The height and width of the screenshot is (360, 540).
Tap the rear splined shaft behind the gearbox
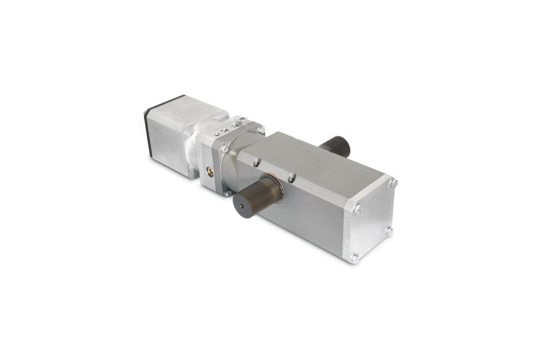(336, 145)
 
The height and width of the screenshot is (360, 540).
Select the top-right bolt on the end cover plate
(393, 183)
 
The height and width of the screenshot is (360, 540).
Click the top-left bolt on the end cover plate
(358, 208)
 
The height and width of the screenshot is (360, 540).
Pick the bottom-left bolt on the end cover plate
(354, 258)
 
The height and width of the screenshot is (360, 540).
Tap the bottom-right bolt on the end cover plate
(389, 230)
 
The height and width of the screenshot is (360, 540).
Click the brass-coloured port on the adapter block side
(209, 171)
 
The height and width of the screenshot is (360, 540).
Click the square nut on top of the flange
(242, 122)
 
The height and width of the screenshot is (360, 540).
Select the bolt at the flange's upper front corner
(225, 149)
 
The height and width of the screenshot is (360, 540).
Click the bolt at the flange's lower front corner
(228, 193)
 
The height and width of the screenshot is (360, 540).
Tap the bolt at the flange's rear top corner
(260, 129)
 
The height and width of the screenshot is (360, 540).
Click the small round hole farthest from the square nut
(217, 135)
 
